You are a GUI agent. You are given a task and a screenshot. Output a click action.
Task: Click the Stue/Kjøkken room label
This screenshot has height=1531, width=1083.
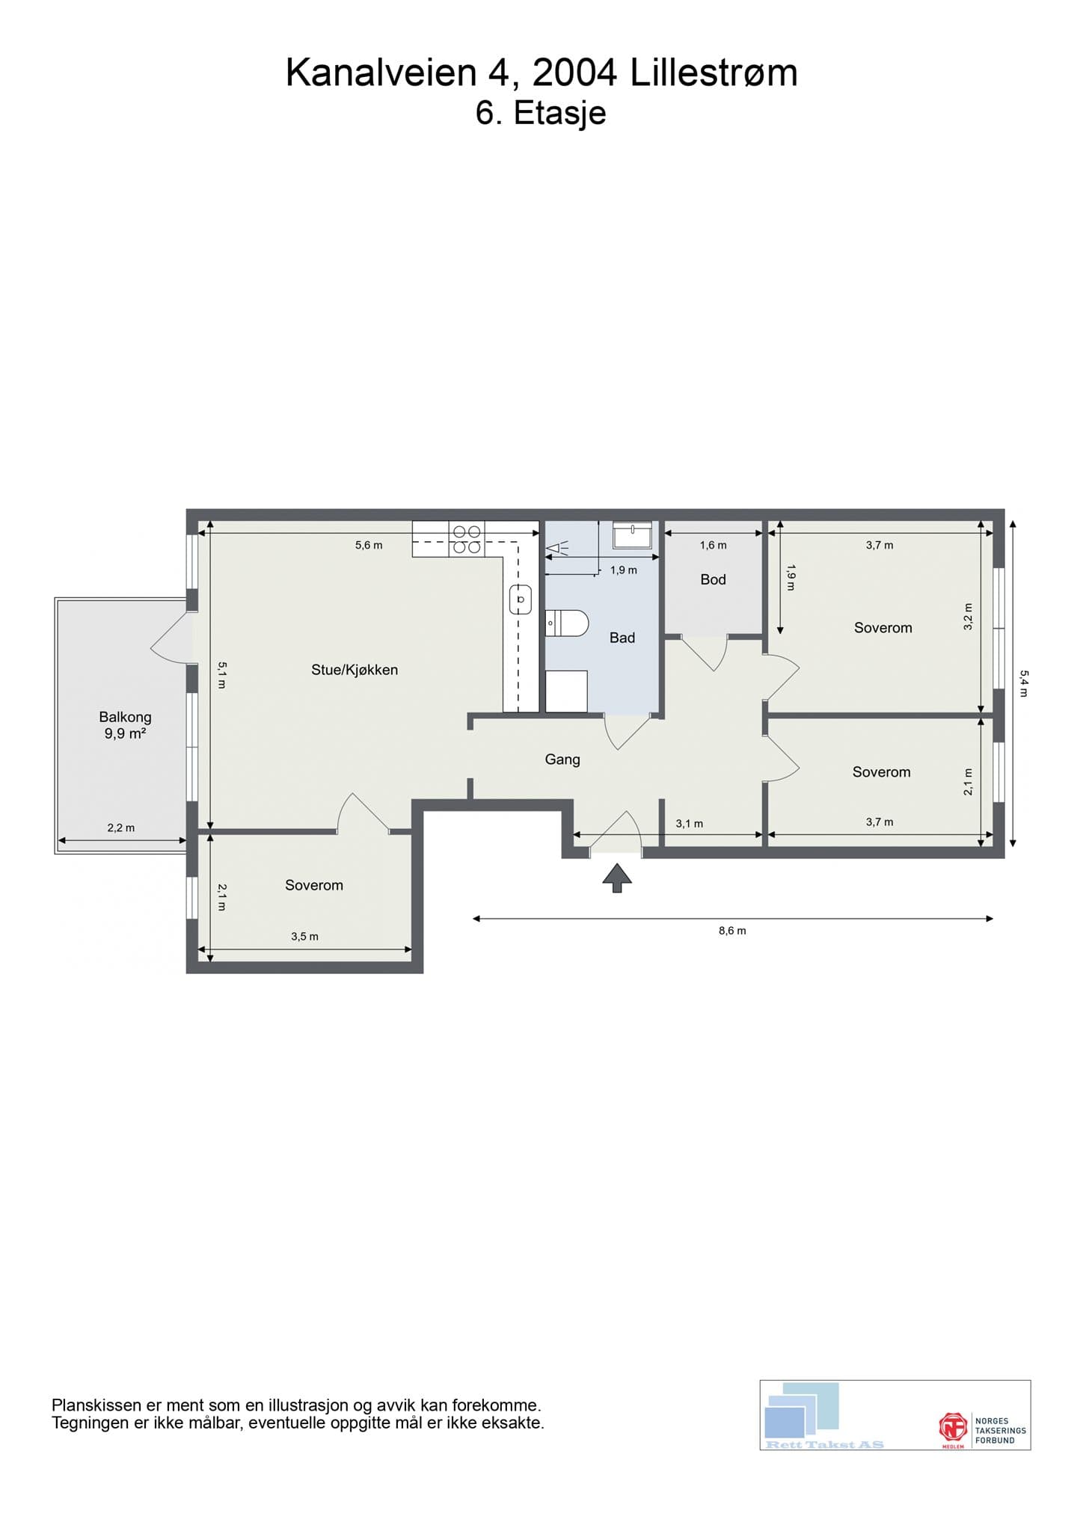pyautogui.click(x=355, y=670)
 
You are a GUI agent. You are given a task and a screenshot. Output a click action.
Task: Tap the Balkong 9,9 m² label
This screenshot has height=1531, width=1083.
pyautogui.click(x=125, y=725)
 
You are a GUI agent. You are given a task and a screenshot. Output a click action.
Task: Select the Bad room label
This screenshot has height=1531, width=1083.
pyautogui.click(x=622, y=638)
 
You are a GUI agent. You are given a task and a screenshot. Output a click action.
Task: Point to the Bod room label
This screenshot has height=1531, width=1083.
pyautogui.click(x=713, y=579)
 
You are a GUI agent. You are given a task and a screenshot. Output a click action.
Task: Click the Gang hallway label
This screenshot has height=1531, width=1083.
pyautogui.click(x=562, y=760)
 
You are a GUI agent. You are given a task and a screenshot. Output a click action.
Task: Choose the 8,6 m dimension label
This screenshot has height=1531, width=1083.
pyautogui.click(x=732, y=931)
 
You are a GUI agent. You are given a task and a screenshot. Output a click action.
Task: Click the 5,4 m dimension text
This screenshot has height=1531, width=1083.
pyautogui.click(x=1024, y=683)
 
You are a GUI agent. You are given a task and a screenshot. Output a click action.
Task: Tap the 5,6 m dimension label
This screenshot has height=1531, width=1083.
pyautogui.click(x=369, y=546)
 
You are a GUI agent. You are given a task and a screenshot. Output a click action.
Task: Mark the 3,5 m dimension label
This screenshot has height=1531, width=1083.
pyautogui.click(x=304, y=937)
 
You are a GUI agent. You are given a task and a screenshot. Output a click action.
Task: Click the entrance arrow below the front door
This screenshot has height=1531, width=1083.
pyautogui.click(x=617, y=878)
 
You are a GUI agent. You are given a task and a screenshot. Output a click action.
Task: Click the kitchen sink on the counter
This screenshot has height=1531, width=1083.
pyautogui.click(x=521, y=600)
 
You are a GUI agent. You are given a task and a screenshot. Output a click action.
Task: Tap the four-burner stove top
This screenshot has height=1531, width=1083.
pyautogui.click(x=467, y=539)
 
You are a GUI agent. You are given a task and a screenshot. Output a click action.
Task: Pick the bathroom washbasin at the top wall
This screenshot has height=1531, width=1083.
pyautogui.click(x=632, y=535)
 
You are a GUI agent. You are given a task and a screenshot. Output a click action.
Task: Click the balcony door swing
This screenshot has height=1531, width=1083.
pyautogui.click(x=171, y=638)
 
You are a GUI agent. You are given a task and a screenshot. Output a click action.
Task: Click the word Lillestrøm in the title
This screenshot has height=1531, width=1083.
pyautogui.click(x=714, y=73)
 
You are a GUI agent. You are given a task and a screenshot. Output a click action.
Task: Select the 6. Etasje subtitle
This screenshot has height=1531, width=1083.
pyautogui.click(x=541, y=114)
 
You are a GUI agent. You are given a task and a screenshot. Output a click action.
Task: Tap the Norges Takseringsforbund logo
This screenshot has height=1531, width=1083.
pyautogui.click(x=983, y=1431)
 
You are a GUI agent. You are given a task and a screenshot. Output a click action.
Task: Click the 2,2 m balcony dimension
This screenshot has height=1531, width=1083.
pyautogui.click(x=121, y=828)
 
